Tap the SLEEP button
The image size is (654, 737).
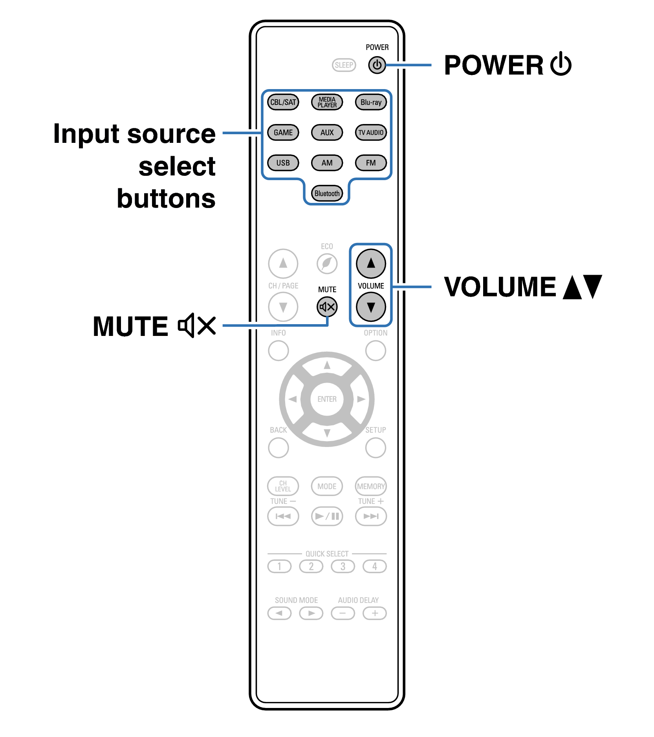click(344, 65)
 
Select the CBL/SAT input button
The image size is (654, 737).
click(283, 102)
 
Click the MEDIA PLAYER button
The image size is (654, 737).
click(327, 102)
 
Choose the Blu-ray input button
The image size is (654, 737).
click(371, 102)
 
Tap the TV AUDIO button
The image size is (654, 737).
click(371, 133)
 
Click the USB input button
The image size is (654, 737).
click(283, 163)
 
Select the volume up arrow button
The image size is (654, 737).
click(371, 263)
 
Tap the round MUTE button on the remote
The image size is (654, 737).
click(327, 307)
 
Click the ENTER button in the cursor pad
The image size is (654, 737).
click(327, 399)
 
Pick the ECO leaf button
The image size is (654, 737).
click(327, 263)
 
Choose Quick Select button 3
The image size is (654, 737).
click(343, 566)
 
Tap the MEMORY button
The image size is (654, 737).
click(371, 486)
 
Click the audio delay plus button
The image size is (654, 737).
click(375, 613)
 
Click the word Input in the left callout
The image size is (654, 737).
click(86, 134)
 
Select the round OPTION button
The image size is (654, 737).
click(376, 350)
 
